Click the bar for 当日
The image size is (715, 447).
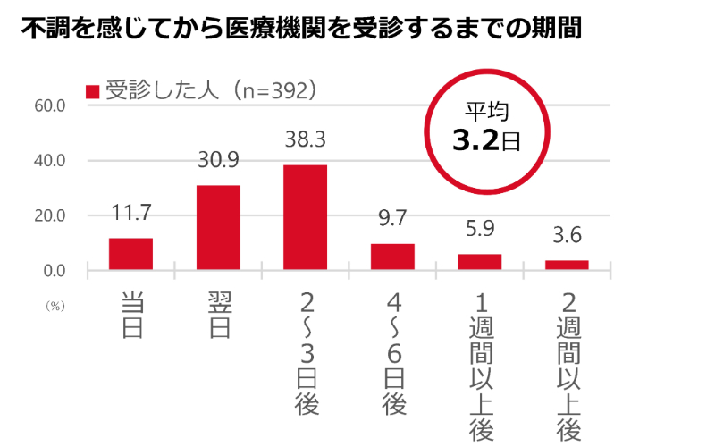pyautogui.click(x=130, y=254)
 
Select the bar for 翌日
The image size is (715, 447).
pyautogui.click(x=218, y=227)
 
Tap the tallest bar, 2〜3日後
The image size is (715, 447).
pyautogui.click(x=306, y=217)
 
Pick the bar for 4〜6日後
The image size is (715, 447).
pyautogui.click(x=392, y=257)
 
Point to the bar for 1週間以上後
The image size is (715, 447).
pyautogui.click(x=480, y=261)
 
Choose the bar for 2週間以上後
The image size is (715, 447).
pyautogui.click(x=567, y=265)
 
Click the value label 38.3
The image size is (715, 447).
pyautogui.click(x=306, y=141)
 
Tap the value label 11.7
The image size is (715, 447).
pyautogui.click(x=130, y=214)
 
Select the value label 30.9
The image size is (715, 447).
pyautogui.click(x=218, y=161)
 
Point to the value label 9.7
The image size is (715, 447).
pyautogui.click(x=392, y=220)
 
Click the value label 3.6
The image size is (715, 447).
pyautogui.click(x=567, y=237)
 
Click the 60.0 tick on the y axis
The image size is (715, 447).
pyautogui.click(x=50, y=105)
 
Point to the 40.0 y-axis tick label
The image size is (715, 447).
pyautogui.click(x=50, y=161)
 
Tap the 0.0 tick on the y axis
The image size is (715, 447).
pyautogui.click(x=54, y=271)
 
